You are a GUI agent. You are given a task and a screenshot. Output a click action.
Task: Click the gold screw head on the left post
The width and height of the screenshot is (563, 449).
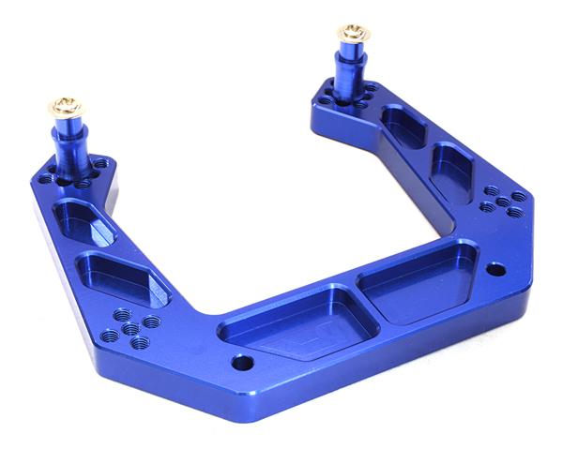(68, 106)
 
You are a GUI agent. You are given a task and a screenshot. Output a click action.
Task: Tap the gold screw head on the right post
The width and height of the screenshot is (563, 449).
(353, 35)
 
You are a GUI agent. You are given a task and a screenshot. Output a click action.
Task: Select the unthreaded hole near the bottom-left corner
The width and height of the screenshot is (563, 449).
(243, 363)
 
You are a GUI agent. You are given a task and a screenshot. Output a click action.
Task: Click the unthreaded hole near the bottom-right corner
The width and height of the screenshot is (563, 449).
(496, 270)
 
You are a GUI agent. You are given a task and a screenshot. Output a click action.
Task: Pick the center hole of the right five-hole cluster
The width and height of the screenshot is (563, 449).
(503, 201)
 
